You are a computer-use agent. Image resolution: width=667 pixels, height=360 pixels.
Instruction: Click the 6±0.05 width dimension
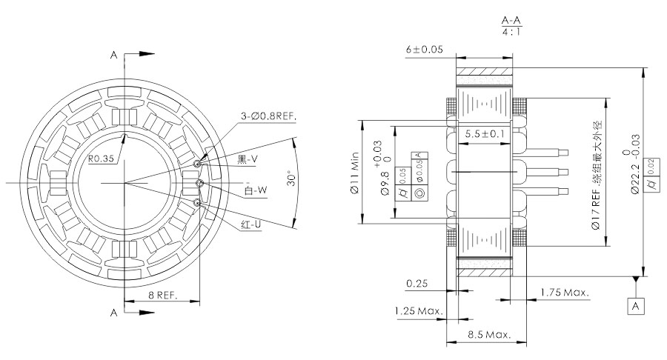click(424, 50)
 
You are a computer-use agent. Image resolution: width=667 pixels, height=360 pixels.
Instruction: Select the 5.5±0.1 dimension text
click(485, 134)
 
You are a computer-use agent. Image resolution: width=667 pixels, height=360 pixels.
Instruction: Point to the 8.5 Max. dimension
click(489, 335)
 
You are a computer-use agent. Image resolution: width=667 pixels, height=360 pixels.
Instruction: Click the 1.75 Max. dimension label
click(565, 293)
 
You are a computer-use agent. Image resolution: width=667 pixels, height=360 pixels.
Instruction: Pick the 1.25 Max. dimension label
click(419, 311)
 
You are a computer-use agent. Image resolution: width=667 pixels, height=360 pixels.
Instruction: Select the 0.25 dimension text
click(417, 284)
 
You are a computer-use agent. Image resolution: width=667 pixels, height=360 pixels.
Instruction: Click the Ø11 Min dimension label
click(355, 173)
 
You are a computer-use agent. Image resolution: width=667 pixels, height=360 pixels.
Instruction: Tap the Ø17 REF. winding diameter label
click(597, 175)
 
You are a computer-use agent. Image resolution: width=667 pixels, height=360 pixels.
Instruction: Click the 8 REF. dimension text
click(163, 296)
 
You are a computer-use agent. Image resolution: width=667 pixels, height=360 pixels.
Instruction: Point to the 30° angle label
click(291, 179)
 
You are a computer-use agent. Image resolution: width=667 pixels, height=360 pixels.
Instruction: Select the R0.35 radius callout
click(102, 159)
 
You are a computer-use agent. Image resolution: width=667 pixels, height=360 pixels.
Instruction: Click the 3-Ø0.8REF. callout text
click(268, 116)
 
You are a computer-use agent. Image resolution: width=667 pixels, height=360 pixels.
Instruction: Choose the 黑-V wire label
click(248, 159)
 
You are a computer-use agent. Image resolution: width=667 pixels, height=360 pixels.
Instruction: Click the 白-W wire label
click(256, 190)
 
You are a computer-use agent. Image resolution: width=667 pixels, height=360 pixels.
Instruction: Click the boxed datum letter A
click(636, 306)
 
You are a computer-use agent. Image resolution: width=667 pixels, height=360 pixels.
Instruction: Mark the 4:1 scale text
click(511, 31)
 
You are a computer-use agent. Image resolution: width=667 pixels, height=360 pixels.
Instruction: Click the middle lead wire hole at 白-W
click(199, 183)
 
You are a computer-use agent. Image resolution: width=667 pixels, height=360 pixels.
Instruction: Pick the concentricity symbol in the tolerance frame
click(419, 193)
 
